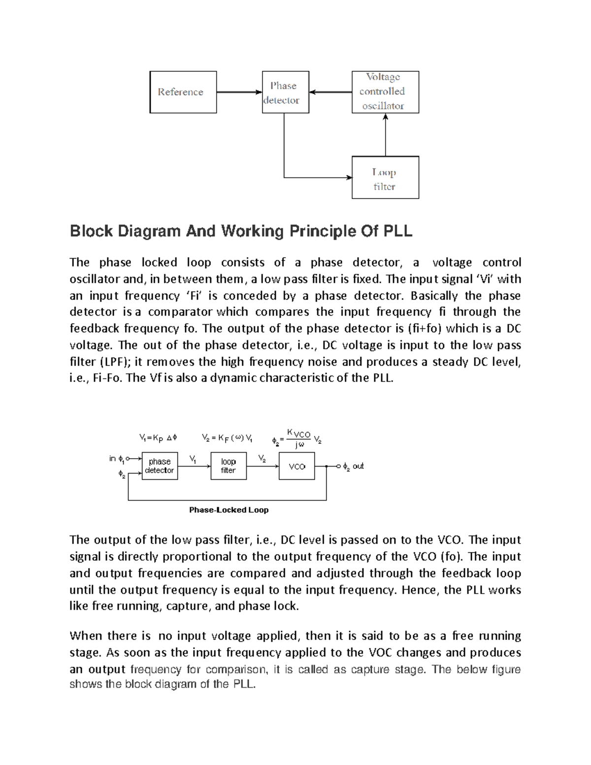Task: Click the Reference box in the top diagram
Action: [183, 92]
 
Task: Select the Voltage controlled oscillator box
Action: [385, 92]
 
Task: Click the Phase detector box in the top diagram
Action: [285, 92]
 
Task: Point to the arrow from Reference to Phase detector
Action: [239, 92]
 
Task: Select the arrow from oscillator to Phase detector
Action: [330, 92]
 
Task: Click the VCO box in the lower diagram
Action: [297, 466]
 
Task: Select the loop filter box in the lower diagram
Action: [229, 466]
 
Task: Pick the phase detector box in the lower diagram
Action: [160, 466]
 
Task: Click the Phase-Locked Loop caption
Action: [229, 510]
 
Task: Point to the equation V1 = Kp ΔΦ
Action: [158, 437]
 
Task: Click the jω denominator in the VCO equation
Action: [299, 444]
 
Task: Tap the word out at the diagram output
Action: [358, 466]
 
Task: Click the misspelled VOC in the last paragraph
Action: [380, 653]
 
